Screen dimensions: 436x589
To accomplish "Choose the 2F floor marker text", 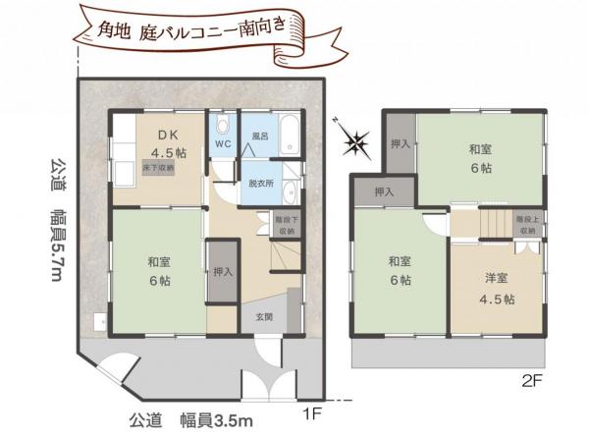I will [x=531, y=377].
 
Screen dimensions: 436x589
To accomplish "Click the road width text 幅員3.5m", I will [x=217, y=419].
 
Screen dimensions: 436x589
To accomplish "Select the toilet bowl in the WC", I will [x=222, y=127].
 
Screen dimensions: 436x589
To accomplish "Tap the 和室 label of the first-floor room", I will [x=160, y=262].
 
